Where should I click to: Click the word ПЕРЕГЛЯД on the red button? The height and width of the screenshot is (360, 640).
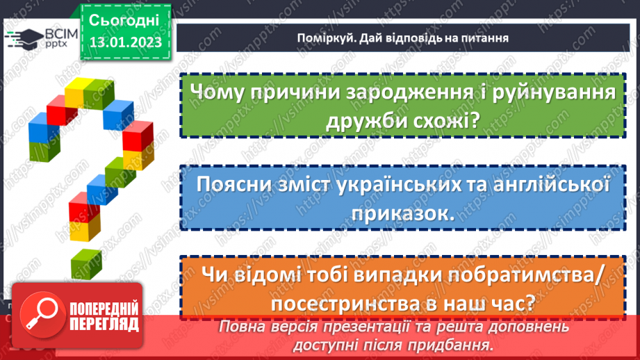tap(104, 324)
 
